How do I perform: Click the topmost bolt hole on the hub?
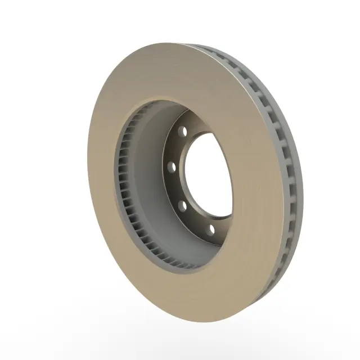click(x=182, y=131)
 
